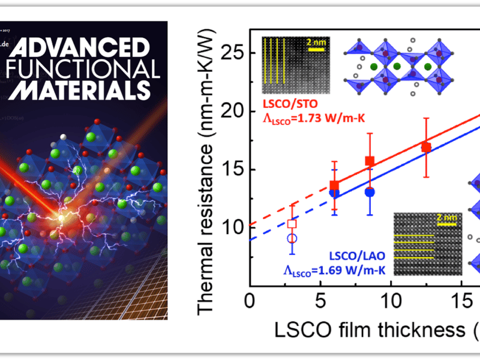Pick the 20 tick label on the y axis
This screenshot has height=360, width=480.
tap(235, 112)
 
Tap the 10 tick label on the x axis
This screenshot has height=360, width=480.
tap(391, 299)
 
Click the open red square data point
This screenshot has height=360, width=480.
tap(292, 224)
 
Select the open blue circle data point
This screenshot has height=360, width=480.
tap(292, 238)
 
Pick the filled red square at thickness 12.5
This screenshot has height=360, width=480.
tap(426, 147)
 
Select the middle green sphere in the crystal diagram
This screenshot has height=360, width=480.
tap(397, 66)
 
